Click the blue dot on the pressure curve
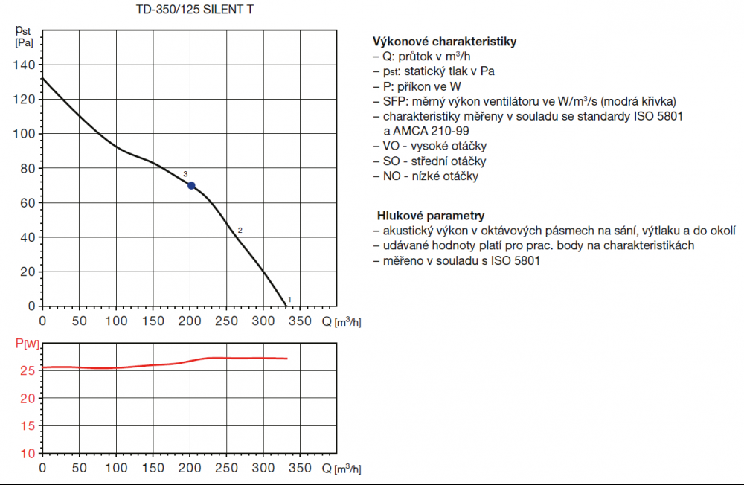tap(191, 185)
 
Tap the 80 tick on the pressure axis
tap(28, 168)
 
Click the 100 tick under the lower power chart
tap(116, 468)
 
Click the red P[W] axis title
tap(26, 344)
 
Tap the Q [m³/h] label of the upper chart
tap(341, 322)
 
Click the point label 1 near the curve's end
tap(289, 299)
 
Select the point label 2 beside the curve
tap(240, 230)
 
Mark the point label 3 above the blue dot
tap(185, 174)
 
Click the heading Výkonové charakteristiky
tap(444, 42)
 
